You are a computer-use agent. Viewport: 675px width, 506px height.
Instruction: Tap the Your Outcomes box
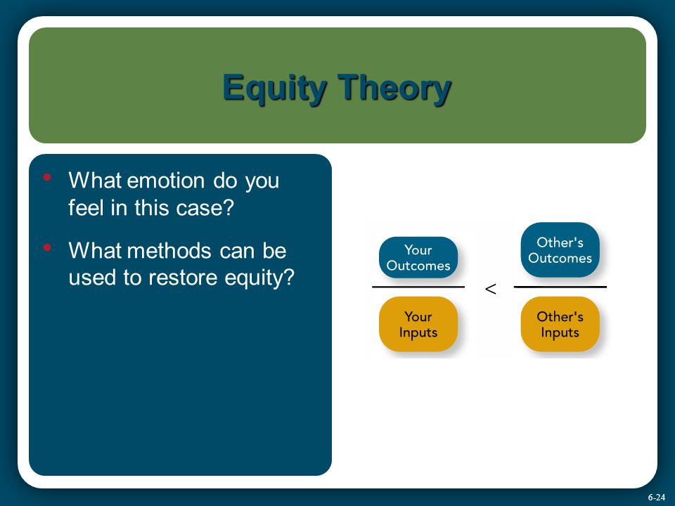pos(418,257)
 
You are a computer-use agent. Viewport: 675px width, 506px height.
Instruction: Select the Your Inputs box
pos(418,324)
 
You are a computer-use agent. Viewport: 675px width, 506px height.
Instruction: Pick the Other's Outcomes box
pos(560,249)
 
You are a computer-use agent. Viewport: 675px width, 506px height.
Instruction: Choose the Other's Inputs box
pos(560,324)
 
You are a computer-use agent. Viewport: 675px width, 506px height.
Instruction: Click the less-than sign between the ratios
pos(490,289)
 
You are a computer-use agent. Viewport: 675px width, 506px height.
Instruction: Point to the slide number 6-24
pos(657,497)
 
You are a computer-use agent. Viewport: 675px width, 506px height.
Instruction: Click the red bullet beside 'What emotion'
pos(47,177)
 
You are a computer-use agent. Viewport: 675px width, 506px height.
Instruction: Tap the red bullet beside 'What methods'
pos(47,247)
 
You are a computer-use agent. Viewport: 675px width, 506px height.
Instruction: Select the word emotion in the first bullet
pos(166,181)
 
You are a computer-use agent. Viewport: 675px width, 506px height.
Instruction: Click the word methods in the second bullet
pos(169,250)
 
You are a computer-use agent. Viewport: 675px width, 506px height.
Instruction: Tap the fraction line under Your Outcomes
pos(418,287)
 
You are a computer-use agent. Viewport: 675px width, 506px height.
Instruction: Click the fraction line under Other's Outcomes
pos(560,287)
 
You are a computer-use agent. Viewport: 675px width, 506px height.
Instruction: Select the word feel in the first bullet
pos(86,207)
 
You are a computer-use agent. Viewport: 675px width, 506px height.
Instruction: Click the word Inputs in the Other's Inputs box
pos(560,332)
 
